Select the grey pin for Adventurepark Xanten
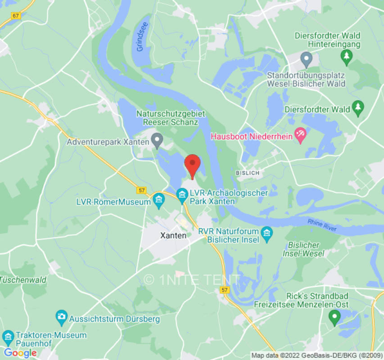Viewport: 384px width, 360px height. (x=157, y=141)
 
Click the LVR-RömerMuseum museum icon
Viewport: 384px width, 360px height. (x=158, y=202)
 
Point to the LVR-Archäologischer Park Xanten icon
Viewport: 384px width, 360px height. (x=182, y=194)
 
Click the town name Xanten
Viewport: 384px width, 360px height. (x=173, y=235)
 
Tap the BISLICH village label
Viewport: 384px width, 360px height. (x=248, y=173)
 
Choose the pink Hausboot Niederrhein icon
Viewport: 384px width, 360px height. (x=300, y=135)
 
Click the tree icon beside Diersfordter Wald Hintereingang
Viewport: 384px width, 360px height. (x=347, y=56)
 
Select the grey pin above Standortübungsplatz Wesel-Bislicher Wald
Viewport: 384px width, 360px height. (x=307, y=58)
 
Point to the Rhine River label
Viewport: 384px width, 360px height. (x=322, y=225)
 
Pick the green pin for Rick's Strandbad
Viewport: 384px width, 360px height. (x=334, y=318)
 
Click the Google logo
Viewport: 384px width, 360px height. (x=20, y=353)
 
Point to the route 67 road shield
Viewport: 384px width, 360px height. (x=16, y=15)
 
